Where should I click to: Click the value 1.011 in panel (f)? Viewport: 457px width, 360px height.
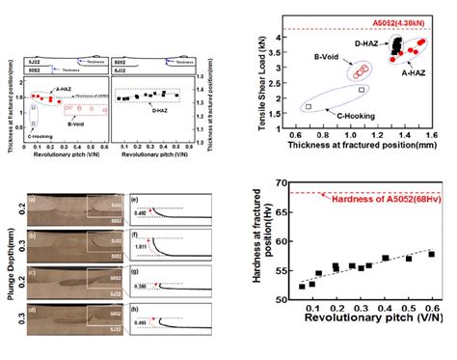click(x=140, y=246)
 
